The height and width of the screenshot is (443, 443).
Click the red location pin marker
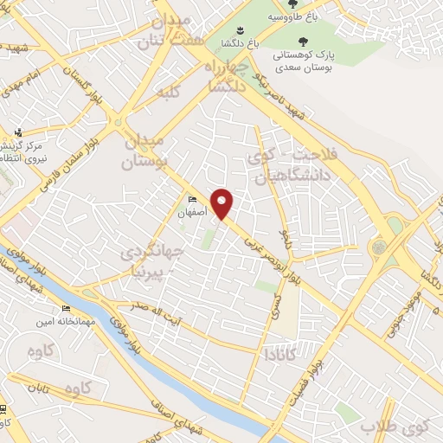pos(222,204)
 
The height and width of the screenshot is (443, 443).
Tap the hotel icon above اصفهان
pos(192,200)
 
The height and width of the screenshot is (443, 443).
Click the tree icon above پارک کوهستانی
pos(302,41)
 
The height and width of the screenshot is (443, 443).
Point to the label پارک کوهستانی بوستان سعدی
pos(304,61)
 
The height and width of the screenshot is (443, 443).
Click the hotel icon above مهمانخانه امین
pos(67,309)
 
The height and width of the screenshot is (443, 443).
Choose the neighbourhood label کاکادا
pos(281,353)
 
